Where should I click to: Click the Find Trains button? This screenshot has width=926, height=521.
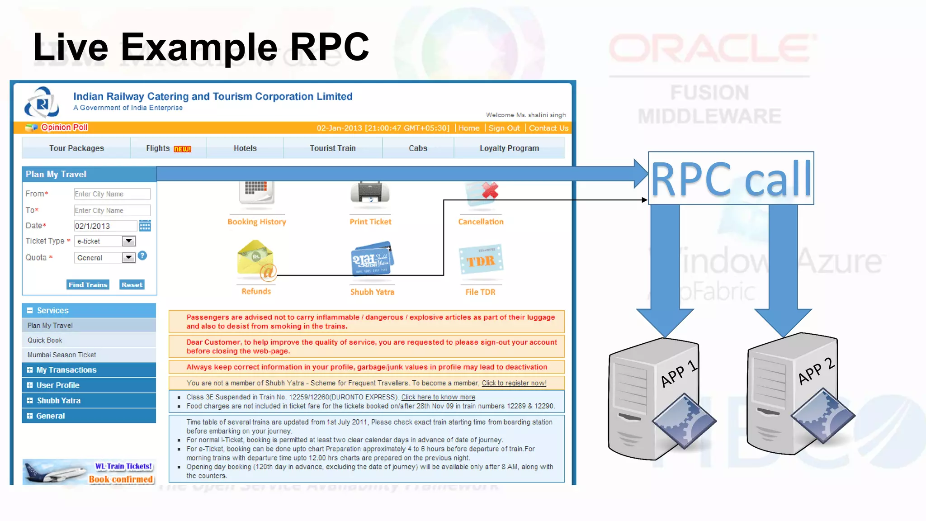point(88,285)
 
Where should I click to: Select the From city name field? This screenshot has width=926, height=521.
point(112,194)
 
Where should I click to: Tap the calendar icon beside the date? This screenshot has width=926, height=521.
point(145,226)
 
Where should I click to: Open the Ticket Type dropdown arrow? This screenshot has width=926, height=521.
point(129,241)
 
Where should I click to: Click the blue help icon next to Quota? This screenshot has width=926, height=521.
point(142,256)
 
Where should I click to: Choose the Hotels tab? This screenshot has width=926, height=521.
point(245,148)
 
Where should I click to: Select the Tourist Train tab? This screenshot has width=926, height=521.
point(333,148)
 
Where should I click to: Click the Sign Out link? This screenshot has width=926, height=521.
point(504,128)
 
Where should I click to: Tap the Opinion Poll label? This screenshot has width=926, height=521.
point(64,128)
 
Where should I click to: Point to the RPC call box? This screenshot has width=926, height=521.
point(731,179)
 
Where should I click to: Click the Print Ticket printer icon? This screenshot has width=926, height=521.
point(370,193)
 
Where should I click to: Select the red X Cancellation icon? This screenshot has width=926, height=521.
point(489,191)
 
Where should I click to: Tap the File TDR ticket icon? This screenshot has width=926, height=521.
point(481,260)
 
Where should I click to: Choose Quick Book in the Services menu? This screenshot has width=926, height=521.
point(45,340)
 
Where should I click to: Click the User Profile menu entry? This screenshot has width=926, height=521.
point(58,385)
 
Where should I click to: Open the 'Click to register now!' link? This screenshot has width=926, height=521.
point(514,383)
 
